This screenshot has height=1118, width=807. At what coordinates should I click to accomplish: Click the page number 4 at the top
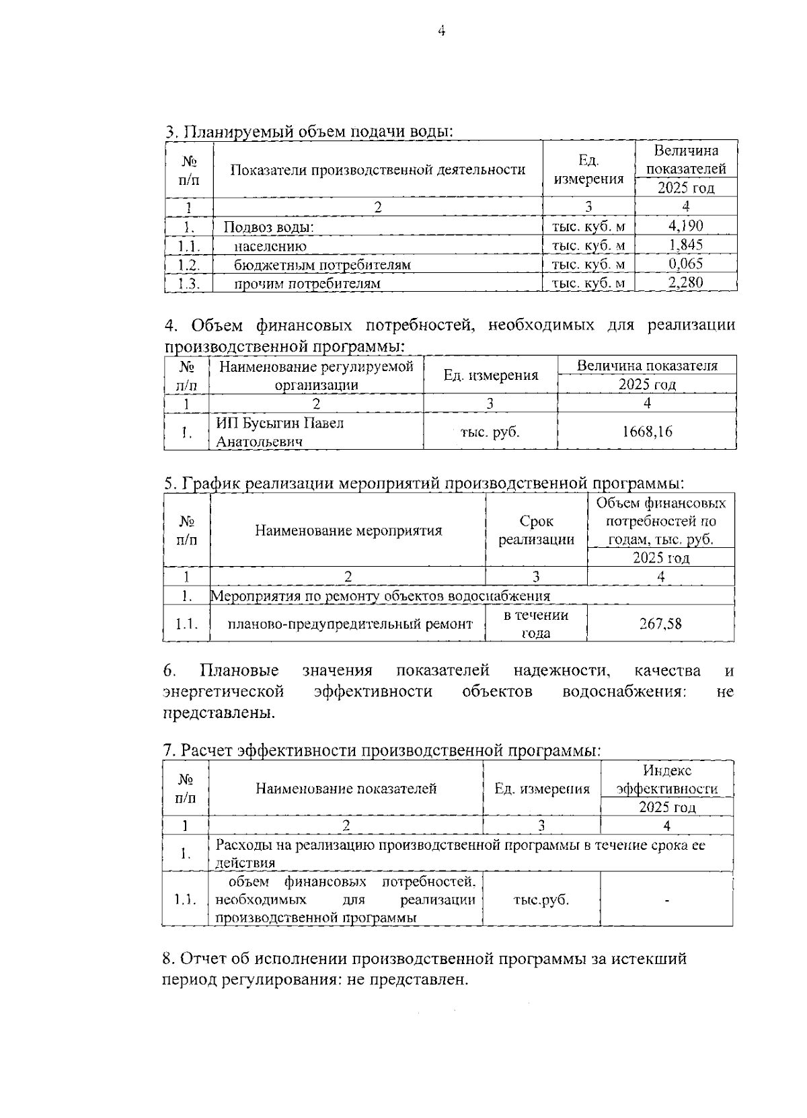point(441,31)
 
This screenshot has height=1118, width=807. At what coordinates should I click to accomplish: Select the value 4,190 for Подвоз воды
point(685,226)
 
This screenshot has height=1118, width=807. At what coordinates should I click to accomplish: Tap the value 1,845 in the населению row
point(685,245)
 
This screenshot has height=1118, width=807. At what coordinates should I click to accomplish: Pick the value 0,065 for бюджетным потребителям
point(685,264)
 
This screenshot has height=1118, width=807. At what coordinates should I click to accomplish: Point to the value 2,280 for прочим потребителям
point(685,282)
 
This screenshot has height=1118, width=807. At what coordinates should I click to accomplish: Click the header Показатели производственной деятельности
point(377,169)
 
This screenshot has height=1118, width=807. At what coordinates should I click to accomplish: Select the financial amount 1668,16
point(646,432)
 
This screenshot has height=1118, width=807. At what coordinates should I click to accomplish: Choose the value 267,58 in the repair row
point(660,624)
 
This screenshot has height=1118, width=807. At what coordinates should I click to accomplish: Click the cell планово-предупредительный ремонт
point(350,624)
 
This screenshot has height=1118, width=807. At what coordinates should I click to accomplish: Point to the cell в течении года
point(536,624)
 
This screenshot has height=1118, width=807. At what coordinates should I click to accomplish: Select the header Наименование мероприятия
point(348,530)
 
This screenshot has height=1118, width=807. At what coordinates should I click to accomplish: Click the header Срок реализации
point(536,530)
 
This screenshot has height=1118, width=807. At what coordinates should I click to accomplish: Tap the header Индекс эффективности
point(666,780)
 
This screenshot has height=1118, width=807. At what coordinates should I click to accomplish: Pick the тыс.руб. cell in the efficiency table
point(541,900)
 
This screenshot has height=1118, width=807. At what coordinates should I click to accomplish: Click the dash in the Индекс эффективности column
point(666,900)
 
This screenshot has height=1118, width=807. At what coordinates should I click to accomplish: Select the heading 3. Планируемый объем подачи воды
point(309,131)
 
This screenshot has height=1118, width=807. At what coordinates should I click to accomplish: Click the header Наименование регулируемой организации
point(316,375)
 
